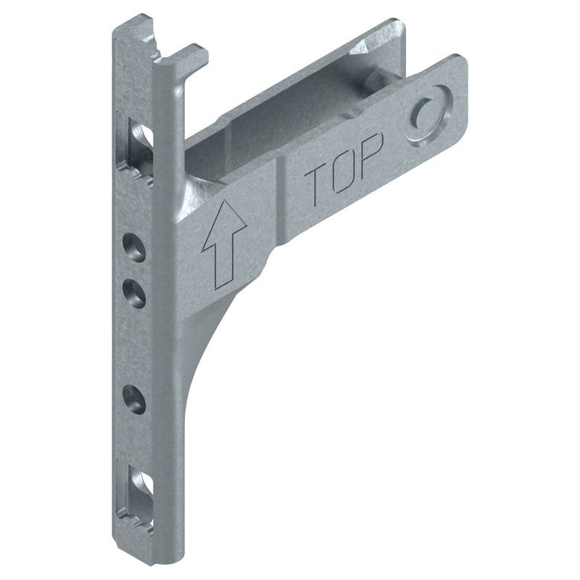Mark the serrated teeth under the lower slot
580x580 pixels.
139,519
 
